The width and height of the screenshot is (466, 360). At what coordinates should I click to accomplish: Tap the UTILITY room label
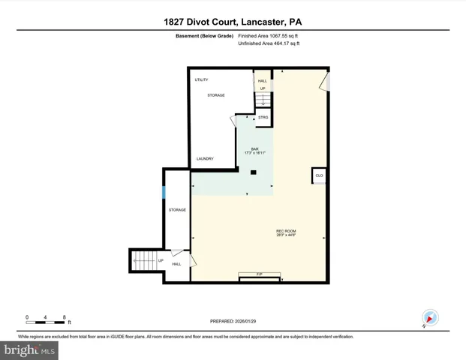202,79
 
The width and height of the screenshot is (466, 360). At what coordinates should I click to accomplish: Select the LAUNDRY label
205,159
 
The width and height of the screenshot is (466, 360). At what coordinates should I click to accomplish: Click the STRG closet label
263,118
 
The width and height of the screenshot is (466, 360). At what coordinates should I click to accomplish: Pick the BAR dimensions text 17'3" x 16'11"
254,153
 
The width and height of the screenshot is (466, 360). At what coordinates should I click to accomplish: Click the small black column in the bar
253,172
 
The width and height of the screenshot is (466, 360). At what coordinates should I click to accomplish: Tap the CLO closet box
319,175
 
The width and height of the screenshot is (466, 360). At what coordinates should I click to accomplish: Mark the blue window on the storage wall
164,191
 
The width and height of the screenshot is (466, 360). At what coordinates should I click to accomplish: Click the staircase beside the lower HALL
144,261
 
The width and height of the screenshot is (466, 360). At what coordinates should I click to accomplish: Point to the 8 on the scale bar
65,317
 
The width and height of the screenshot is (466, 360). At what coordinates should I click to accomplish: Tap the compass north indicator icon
429,317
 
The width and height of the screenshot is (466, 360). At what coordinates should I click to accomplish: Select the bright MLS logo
29,349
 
